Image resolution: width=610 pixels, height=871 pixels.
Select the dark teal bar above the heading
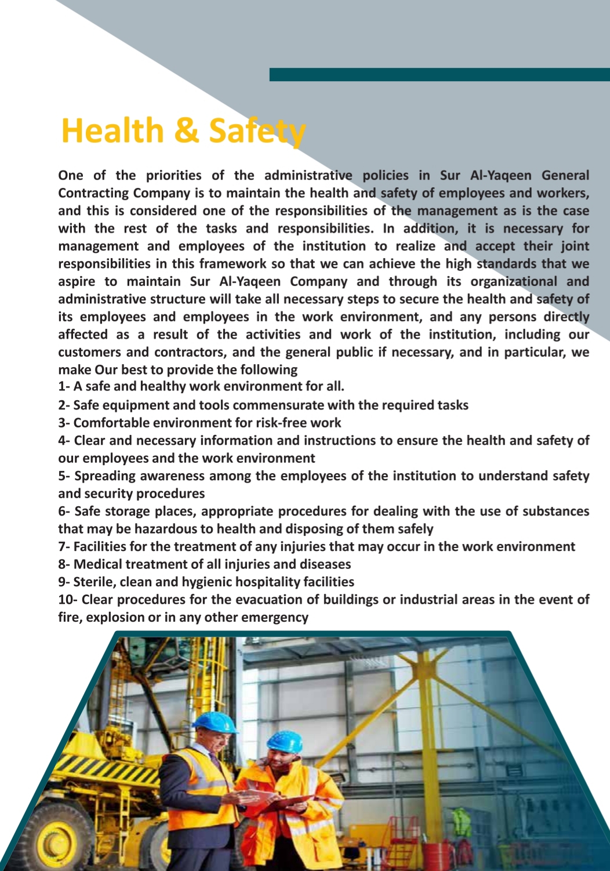pos(439,74)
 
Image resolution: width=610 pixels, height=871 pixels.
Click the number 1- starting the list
pos(64,386)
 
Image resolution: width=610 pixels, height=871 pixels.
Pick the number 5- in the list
pos(64,476)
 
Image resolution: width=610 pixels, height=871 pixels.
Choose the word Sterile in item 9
pos(95,582)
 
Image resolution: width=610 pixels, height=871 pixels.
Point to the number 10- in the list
pos(68,600)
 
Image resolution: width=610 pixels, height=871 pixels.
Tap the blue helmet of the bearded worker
pos(285,741)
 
